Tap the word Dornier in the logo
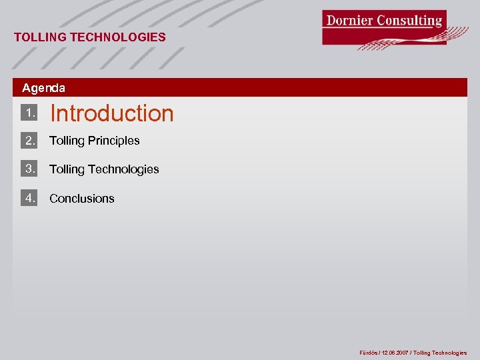[349, 20]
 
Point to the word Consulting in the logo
[410, 20]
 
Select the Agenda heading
[44, 88]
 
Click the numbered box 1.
[29, 113]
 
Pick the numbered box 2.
[29, 141]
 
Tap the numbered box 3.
[29, 169]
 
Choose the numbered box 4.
[29, 198]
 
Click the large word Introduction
[112, 113]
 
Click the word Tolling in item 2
[67, 141]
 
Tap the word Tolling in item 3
[67, 169]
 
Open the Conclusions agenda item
[82, 199]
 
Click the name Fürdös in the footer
[369, 353]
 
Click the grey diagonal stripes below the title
[100, 59]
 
